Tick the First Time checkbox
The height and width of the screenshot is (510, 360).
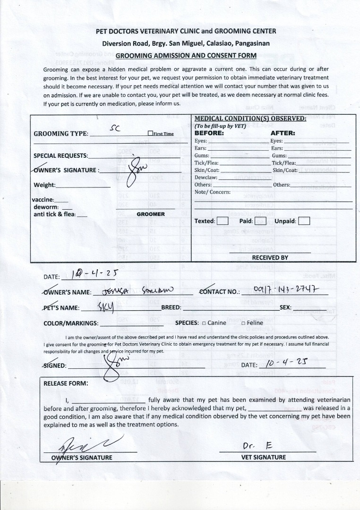150,134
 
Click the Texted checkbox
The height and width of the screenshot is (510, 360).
223,221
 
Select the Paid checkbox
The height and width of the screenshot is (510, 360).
261,221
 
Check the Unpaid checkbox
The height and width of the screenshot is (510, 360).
304,221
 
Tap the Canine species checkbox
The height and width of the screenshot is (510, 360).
204,323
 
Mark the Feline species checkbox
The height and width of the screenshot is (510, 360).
243,323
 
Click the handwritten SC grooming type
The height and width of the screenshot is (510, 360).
115,127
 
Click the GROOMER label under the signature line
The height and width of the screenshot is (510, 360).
151,214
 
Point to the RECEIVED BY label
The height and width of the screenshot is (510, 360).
270,257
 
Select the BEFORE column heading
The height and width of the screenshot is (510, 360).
209,133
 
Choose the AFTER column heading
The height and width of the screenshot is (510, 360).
283,133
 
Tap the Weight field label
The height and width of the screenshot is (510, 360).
44,185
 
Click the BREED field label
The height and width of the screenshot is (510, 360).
171,307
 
